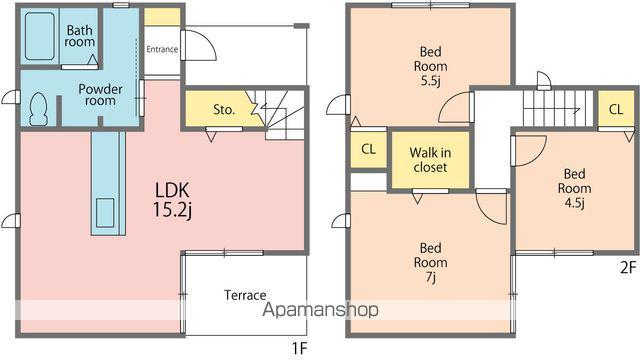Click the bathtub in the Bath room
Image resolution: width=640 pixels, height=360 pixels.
click(x=40, y=36)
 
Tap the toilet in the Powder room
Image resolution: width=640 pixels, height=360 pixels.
click(x=39, y=109)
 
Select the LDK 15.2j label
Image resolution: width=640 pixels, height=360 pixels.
click(x=172, y=200)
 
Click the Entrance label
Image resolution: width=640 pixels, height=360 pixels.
click(x=162, y=49)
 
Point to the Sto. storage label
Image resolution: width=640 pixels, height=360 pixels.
click(x=224, y=109)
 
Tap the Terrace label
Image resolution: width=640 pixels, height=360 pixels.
click(x=245, y=295)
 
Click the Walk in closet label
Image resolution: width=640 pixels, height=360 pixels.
click(x=430, y=160)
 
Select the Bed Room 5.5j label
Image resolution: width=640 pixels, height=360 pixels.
click(x=431, y=66)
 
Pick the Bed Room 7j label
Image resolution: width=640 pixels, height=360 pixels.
click(x=431, y=262)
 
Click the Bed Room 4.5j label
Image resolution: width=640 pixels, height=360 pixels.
click(x=574, y=188)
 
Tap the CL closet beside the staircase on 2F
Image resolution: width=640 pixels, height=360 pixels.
click(x=616, y=109)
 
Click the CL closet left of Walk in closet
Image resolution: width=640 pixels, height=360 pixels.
click(x=368, y=149)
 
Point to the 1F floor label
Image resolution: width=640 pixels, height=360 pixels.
click(x=299, y=348)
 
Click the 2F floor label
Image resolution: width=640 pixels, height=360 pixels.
click(x=628, y=267)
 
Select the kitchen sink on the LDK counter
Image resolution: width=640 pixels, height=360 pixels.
click(x=105, y=213)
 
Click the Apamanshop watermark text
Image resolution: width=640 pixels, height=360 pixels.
click(x=320, y=310)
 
